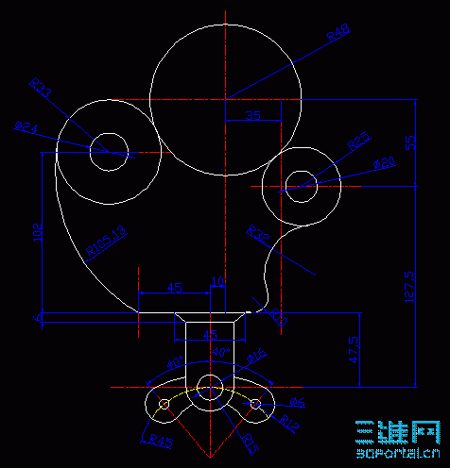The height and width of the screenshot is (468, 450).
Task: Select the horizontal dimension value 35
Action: (252, 115)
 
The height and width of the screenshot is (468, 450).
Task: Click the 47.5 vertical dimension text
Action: (354, 348)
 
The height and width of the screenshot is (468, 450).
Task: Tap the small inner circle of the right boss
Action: (300, 183)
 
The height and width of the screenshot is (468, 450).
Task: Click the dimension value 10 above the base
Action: (217, 282)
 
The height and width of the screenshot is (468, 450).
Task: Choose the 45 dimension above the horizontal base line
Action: (174, 287)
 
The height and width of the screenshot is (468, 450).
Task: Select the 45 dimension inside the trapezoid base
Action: (211, 333)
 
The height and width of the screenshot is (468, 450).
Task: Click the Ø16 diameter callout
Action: (256, 356)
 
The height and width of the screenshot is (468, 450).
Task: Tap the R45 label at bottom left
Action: (162, 440)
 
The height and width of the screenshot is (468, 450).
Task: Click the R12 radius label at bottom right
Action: (281, 420)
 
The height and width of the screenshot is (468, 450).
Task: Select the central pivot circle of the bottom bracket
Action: (210, 386)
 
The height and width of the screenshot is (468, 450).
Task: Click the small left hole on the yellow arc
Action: (164, 405)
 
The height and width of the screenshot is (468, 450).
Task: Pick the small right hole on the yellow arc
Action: (255, 405)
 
